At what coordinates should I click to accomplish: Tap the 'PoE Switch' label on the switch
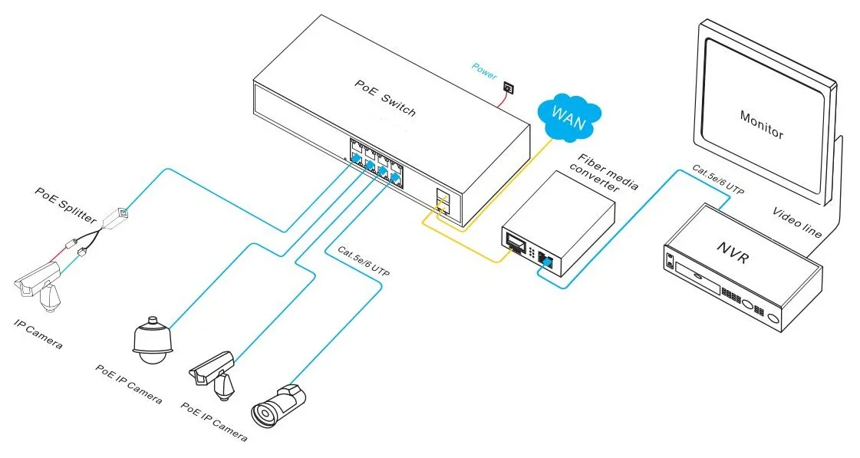(385, 97)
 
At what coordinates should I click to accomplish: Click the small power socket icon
(508, 88)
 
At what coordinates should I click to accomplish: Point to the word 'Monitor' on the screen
(762, 125)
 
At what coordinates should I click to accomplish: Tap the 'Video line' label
(797, 222)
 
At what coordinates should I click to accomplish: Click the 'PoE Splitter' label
(65, 205)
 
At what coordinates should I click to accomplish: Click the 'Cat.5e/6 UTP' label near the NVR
(718, 180)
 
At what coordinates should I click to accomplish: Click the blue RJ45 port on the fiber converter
(545, 259)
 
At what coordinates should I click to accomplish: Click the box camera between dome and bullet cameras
(213, 374)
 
